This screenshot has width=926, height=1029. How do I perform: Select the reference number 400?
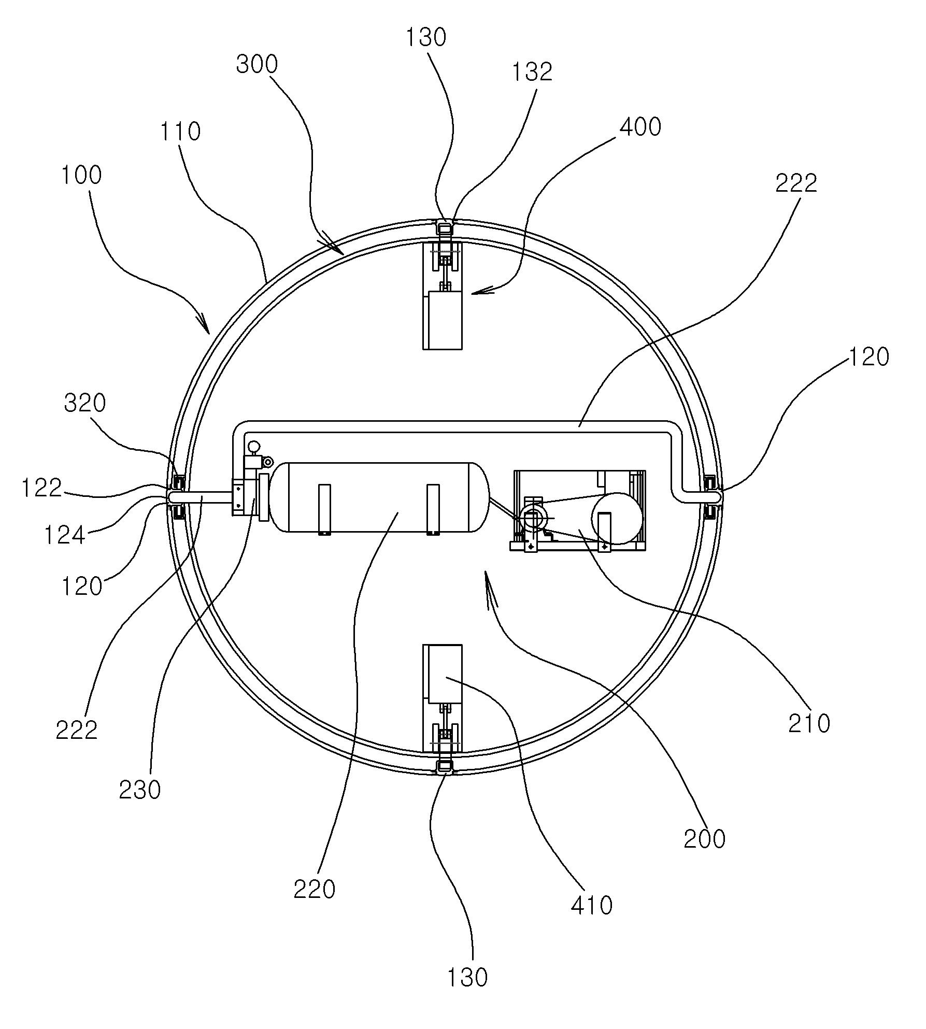(x=640, y=127)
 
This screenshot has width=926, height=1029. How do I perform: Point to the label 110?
(x=180, y=132)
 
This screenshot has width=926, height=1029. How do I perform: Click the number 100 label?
(x=81, y=175)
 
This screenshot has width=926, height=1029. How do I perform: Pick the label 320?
(x=85, y=403)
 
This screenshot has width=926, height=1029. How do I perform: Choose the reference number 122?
(x=42, y=488)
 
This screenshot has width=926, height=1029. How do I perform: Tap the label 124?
(x=65, y=535)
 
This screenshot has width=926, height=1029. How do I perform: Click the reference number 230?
(x=140, y=790)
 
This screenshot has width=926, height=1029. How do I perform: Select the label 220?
(x=315, y=890)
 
